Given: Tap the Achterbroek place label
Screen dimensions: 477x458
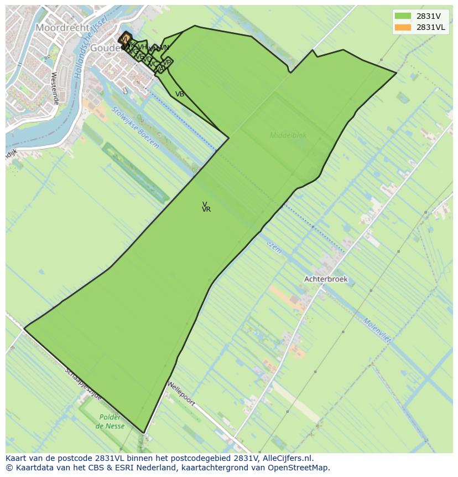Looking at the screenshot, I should (326, 279).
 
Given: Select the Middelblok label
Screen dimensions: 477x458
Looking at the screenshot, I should (288, 135).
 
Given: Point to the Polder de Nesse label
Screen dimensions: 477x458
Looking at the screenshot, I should (110, 422).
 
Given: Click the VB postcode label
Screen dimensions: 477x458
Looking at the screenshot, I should (180, 94).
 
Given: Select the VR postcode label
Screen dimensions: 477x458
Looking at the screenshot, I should (206, 209).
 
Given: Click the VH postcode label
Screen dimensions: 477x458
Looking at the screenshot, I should (142, 47).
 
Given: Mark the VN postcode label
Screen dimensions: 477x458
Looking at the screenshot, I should (164, 48).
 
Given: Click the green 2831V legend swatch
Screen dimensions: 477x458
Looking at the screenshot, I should (403, 16).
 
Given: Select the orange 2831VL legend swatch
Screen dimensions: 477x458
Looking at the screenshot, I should (403, 27).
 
